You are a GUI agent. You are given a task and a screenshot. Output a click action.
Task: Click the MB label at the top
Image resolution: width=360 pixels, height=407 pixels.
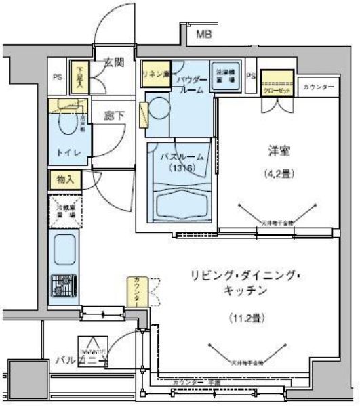point(204,34)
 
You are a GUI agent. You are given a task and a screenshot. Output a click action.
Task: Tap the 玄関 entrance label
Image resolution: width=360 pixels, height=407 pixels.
point(113,63)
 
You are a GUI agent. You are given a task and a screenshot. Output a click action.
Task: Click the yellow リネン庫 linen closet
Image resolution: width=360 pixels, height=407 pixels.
point(155,73)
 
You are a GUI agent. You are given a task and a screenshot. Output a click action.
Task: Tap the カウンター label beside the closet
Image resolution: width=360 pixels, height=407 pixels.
point(319,87)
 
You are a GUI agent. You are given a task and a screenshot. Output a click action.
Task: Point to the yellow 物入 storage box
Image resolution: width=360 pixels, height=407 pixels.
point(64,179)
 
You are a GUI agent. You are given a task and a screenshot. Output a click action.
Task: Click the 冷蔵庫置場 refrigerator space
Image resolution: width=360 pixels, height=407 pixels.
point(64,209)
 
